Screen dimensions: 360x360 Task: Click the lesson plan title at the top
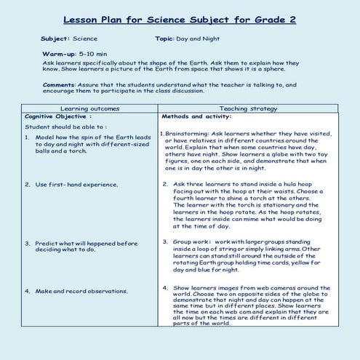180,19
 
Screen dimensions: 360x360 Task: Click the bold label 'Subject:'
55,38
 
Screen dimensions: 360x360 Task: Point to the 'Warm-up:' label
60,54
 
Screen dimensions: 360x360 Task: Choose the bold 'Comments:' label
63,84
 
